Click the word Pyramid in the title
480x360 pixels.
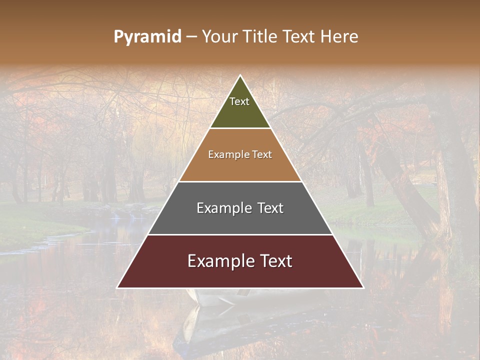click(x=147, y=37)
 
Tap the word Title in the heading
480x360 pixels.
click(x=259, y=36)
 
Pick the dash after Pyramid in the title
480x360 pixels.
click(x=191, y=37)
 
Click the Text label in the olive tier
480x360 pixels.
click(x=239, y=101)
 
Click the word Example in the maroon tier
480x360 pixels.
click(x=218, y=261)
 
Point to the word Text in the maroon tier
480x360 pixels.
click(x=274, y=261)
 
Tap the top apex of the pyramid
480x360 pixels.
click(x=240, y=76)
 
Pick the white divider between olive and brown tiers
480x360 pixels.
click(x=240, y=128)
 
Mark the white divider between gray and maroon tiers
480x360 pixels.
click(x=240, y=234)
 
